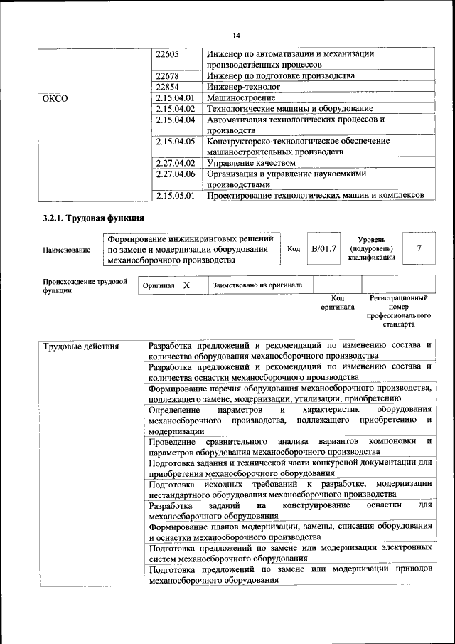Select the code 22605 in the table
[167, 54]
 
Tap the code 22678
[167, 75]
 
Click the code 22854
[167, 87]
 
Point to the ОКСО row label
[55, 98]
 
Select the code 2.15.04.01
[174, 97]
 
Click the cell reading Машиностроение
[241, 97]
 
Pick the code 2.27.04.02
[174, 163]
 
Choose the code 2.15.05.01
[174, 195]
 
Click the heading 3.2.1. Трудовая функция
[94, 218]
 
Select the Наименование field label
[67, 250]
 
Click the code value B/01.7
[323, 249]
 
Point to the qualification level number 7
[419, 249]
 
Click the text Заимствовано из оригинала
[257, 285]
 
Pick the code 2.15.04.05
[174, 141]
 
